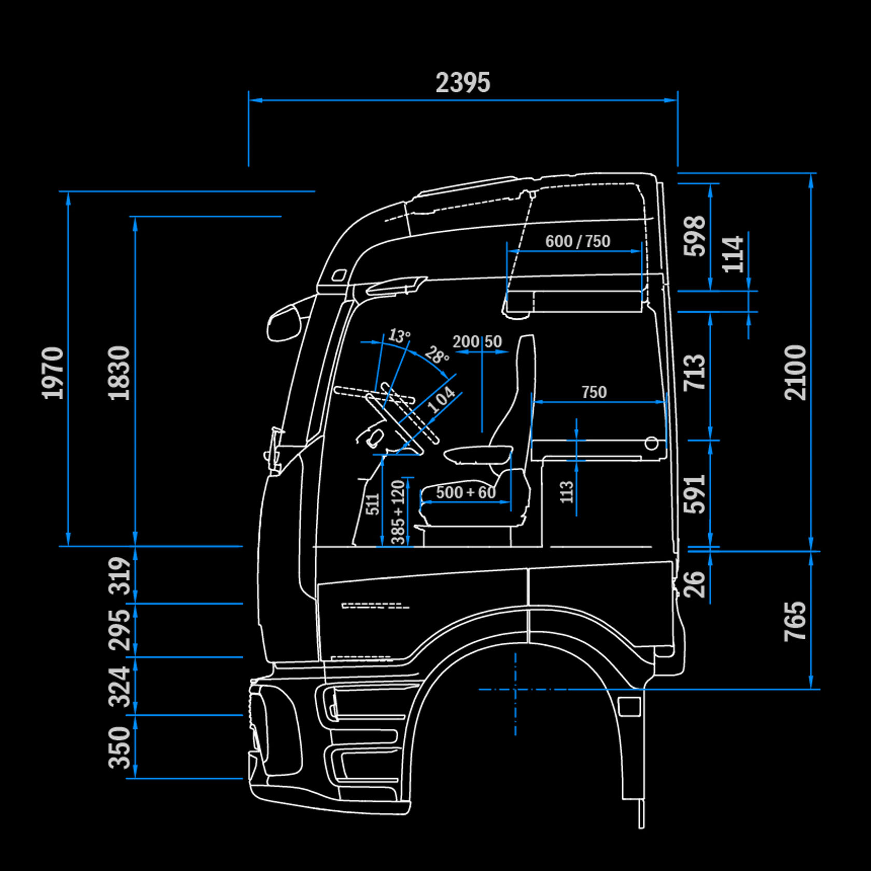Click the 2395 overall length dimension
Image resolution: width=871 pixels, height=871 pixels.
(462, 83)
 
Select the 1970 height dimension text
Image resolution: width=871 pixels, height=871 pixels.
(53, 373)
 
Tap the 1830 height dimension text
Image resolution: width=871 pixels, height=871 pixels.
(119, 373)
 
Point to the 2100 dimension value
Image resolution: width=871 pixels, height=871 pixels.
(795, 372)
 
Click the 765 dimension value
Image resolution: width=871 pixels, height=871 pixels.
(795, 621)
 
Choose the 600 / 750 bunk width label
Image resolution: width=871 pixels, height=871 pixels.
(578, 241)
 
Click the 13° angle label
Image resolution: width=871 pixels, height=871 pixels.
(399, 335)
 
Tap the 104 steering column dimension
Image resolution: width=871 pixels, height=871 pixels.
(441, 400)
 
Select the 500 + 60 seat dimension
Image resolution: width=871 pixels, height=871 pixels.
(466, 492)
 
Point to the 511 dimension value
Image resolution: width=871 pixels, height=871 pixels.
(373, 504)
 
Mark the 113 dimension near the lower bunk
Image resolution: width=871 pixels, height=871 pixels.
(567, 491)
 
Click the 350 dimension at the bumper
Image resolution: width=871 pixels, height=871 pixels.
(119, 747)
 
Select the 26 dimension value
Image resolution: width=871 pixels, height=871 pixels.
(695, 584)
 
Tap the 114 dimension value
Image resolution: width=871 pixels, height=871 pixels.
(733, 254)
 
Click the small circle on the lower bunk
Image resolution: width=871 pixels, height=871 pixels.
(652, 443)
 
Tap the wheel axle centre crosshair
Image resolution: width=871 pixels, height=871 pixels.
(515, 690)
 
